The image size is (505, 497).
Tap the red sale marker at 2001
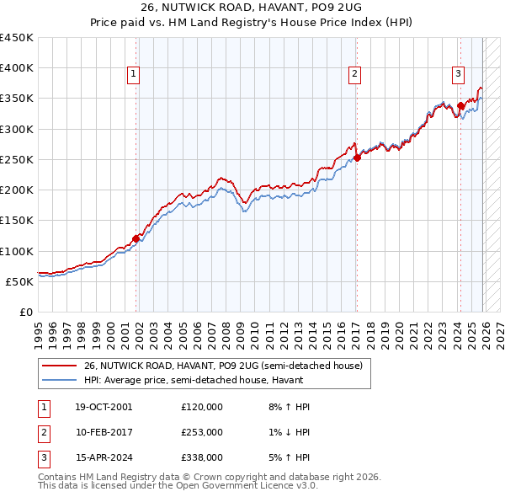pos(136,238)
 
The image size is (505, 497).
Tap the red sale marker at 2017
pos(357,158)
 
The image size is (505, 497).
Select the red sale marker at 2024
pos(460,106)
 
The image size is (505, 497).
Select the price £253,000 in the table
pos(202,432)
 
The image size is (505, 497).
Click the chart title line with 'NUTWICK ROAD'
pos(252,9)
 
